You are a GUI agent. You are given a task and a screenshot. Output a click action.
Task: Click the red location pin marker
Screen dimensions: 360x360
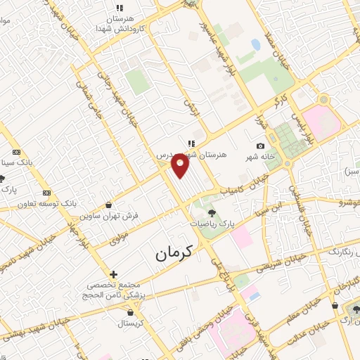click(181, 166)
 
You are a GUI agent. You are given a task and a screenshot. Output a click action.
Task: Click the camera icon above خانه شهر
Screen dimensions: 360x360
click(261, 146)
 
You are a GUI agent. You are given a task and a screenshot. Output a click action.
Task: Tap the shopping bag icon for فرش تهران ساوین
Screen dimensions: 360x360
click(108, 205)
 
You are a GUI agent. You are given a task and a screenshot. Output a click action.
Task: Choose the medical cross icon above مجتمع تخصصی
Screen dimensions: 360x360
click(113, 274)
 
